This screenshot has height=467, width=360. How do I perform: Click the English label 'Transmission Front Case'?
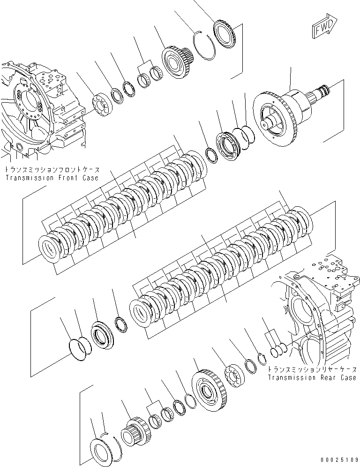tap(51, 178)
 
